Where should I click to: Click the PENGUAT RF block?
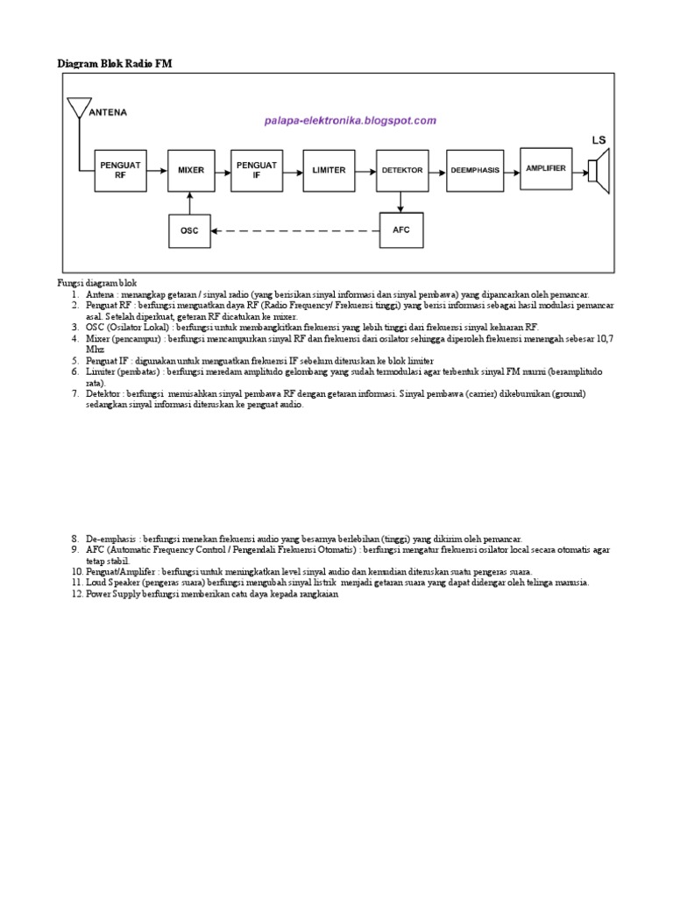120,169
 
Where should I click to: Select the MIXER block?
190,170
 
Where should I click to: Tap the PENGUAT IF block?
257,169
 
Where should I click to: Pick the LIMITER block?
329,170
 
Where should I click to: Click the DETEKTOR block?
401,170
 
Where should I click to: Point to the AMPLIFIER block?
545,167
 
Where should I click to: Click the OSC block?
190,230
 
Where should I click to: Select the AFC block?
401,230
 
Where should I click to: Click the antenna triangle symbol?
78,108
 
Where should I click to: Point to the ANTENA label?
108,112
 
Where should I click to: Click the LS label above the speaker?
599,139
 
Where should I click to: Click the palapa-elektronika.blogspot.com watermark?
350,120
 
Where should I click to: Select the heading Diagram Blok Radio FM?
110,63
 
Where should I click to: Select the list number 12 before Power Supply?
77,594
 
